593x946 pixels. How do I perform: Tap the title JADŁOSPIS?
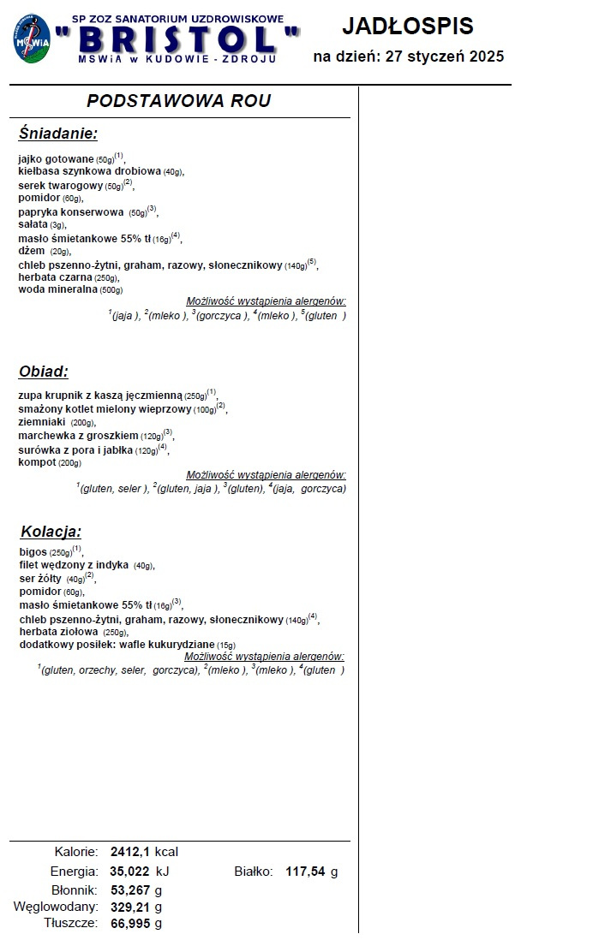click(407, 27)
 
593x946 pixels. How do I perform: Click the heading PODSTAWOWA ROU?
click(178, 101)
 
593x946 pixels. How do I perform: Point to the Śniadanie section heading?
click(58, 134)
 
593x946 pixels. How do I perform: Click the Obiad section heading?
click(43, 372)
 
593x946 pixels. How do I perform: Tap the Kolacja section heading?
click(51, 532)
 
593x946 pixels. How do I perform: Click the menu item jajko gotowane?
click(56, 159)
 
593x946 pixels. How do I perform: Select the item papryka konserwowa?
click(71, 211)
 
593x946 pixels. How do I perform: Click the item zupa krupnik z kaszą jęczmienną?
click(100, 396)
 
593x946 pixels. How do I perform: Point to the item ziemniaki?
click(44, 422)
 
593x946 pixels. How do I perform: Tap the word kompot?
click(36, 462)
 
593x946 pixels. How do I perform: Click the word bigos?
click(33, 552)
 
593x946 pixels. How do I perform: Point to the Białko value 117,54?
click(307, 872)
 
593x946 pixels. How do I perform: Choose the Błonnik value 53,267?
click(130, 890)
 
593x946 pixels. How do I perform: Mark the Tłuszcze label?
click(72, 923)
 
